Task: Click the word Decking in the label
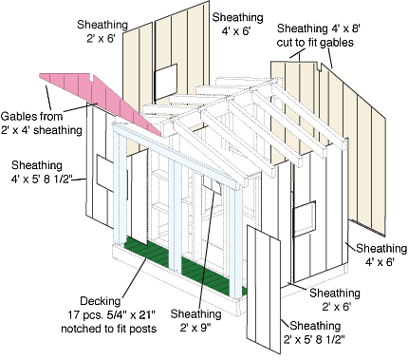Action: coord(101,301)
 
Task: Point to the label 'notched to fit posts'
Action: coord(109,329)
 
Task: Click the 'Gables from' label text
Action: coord(31,116)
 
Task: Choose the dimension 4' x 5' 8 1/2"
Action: coord(42,180)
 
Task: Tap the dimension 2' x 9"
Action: coord(195,328)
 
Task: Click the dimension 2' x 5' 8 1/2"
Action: coord(314,340)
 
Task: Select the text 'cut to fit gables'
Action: coord(315,43)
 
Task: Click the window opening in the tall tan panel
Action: coord(165,82)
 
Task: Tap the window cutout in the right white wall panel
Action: coord(305,218)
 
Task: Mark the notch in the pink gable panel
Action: coord(92,78)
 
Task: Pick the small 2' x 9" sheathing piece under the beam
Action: coord(212,185)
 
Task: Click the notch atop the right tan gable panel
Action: coord(320,66)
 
